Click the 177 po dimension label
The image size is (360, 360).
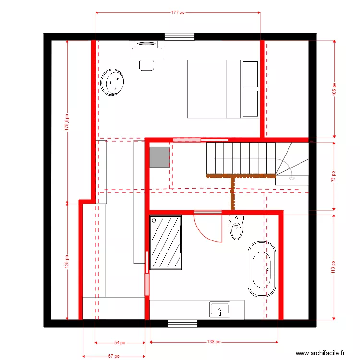(x=178, y=12)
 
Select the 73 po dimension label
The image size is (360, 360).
(x=334, y=176)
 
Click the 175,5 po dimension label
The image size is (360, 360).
(x=67, y=122)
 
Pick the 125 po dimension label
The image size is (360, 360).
(x=67, y=261)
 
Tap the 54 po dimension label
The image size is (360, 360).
(x=120, y=343)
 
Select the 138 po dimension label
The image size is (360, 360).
(x=214, y=342)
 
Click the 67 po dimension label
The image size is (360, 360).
(x=113, y=356)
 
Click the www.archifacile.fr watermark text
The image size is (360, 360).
(x=321, y=353)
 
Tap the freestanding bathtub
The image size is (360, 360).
(x=261, y=269)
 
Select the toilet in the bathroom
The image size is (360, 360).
(x=237, y=227)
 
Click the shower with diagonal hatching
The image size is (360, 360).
(x=166, y=242)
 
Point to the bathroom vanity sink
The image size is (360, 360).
(x=220, y=309)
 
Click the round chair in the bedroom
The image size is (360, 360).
(x=113, y=82)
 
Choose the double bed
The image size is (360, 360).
(x=223, y=89)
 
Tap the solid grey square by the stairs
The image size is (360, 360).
(x=159, y=157)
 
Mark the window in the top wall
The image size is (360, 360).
(x=180, y=36)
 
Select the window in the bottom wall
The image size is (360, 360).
(x=182, y=323)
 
